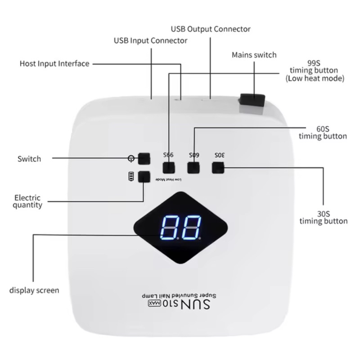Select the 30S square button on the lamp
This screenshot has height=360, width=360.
coord(218,168)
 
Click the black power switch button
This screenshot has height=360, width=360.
coord(144,158)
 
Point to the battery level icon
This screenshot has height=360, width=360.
coord(131,176)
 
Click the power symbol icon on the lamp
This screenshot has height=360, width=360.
coord(131,158)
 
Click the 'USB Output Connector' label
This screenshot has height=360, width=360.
coord(211,29)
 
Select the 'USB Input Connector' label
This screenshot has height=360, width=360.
coord(150,41)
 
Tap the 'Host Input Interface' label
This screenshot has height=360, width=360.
coord(54,63)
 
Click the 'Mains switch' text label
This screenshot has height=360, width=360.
coord(254,55)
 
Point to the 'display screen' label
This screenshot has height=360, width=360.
coord(34,290)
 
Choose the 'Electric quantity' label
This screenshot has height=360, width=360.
coord(28,201)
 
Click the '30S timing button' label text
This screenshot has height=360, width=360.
coord(323,217)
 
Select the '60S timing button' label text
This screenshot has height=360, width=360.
coord(323,132)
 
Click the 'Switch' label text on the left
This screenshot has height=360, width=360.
coord(29,159)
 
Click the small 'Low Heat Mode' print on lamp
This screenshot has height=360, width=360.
coord(168,180)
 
